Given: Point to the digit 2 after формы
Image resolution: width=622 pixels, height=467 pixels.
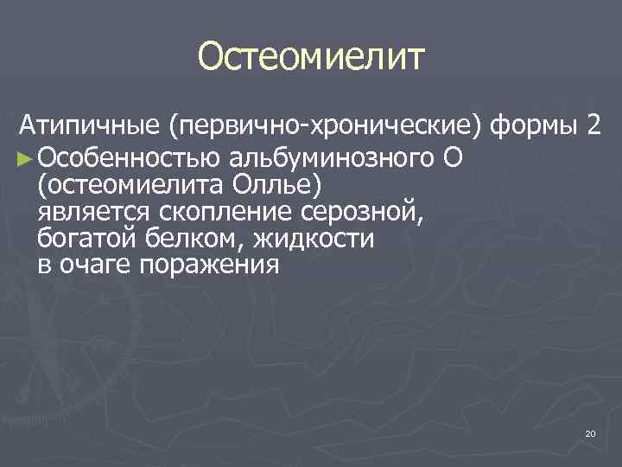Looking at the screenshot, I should (x=593, y=129).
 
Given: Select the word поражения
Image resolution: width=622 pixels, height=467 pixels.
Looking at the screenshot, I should (x=212, y=265).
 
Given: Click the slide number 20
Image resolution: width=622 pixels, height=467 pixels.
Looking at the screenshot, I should (x=590, y=432).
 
